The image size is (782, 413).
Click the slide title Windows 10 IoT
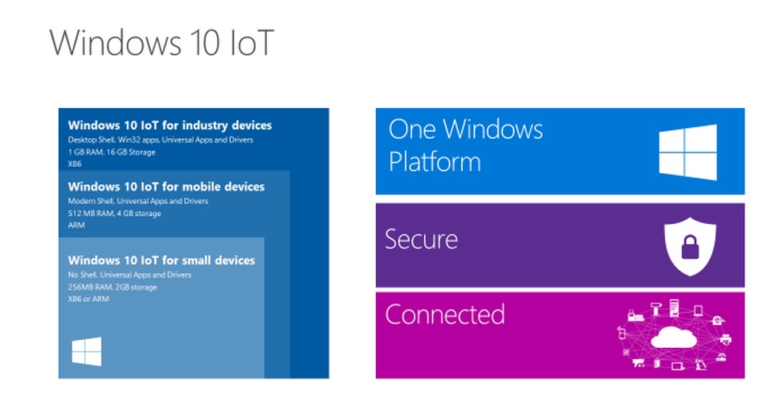[x=161, y=44]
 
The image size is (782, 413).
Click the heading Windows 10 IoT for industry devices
[x=169, y=125]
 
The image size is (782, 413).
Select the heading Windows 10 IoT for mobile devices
[x=166, y=187]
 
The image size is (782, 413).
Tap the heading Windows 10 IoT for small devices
[x=161, y=261]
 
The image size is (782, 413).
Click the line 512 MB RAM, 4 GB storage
[x=114, y=214]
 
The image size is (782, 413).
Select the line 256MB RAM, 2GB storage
[x=112, y=287]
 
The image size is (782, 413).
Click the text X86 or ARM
[x=88, y=299]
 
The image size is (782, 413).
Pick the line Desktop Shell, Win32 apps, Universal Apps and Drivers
[x=161, y=141]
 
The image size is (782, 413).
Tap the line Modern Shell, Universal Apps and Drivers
[x=138, y=202]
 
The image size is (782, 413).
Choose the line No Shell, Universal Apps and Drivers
[x=130, y=275]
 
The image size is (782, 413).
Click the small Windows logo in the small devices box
[x=87, y=352]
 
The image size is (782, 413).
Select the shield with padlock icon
[x=684, y=245]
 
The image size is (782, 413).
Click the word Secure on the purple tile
[x=421, y=239]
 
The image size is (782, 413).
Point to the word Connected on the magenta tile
[x=444, y=315]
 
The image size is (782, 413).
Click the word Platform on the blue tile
[x=434, y=162]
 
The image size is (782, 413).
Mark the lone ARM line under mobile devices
[x=76, y=226]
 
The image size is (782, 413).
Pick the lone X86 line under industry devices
[x=75, y=164]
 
